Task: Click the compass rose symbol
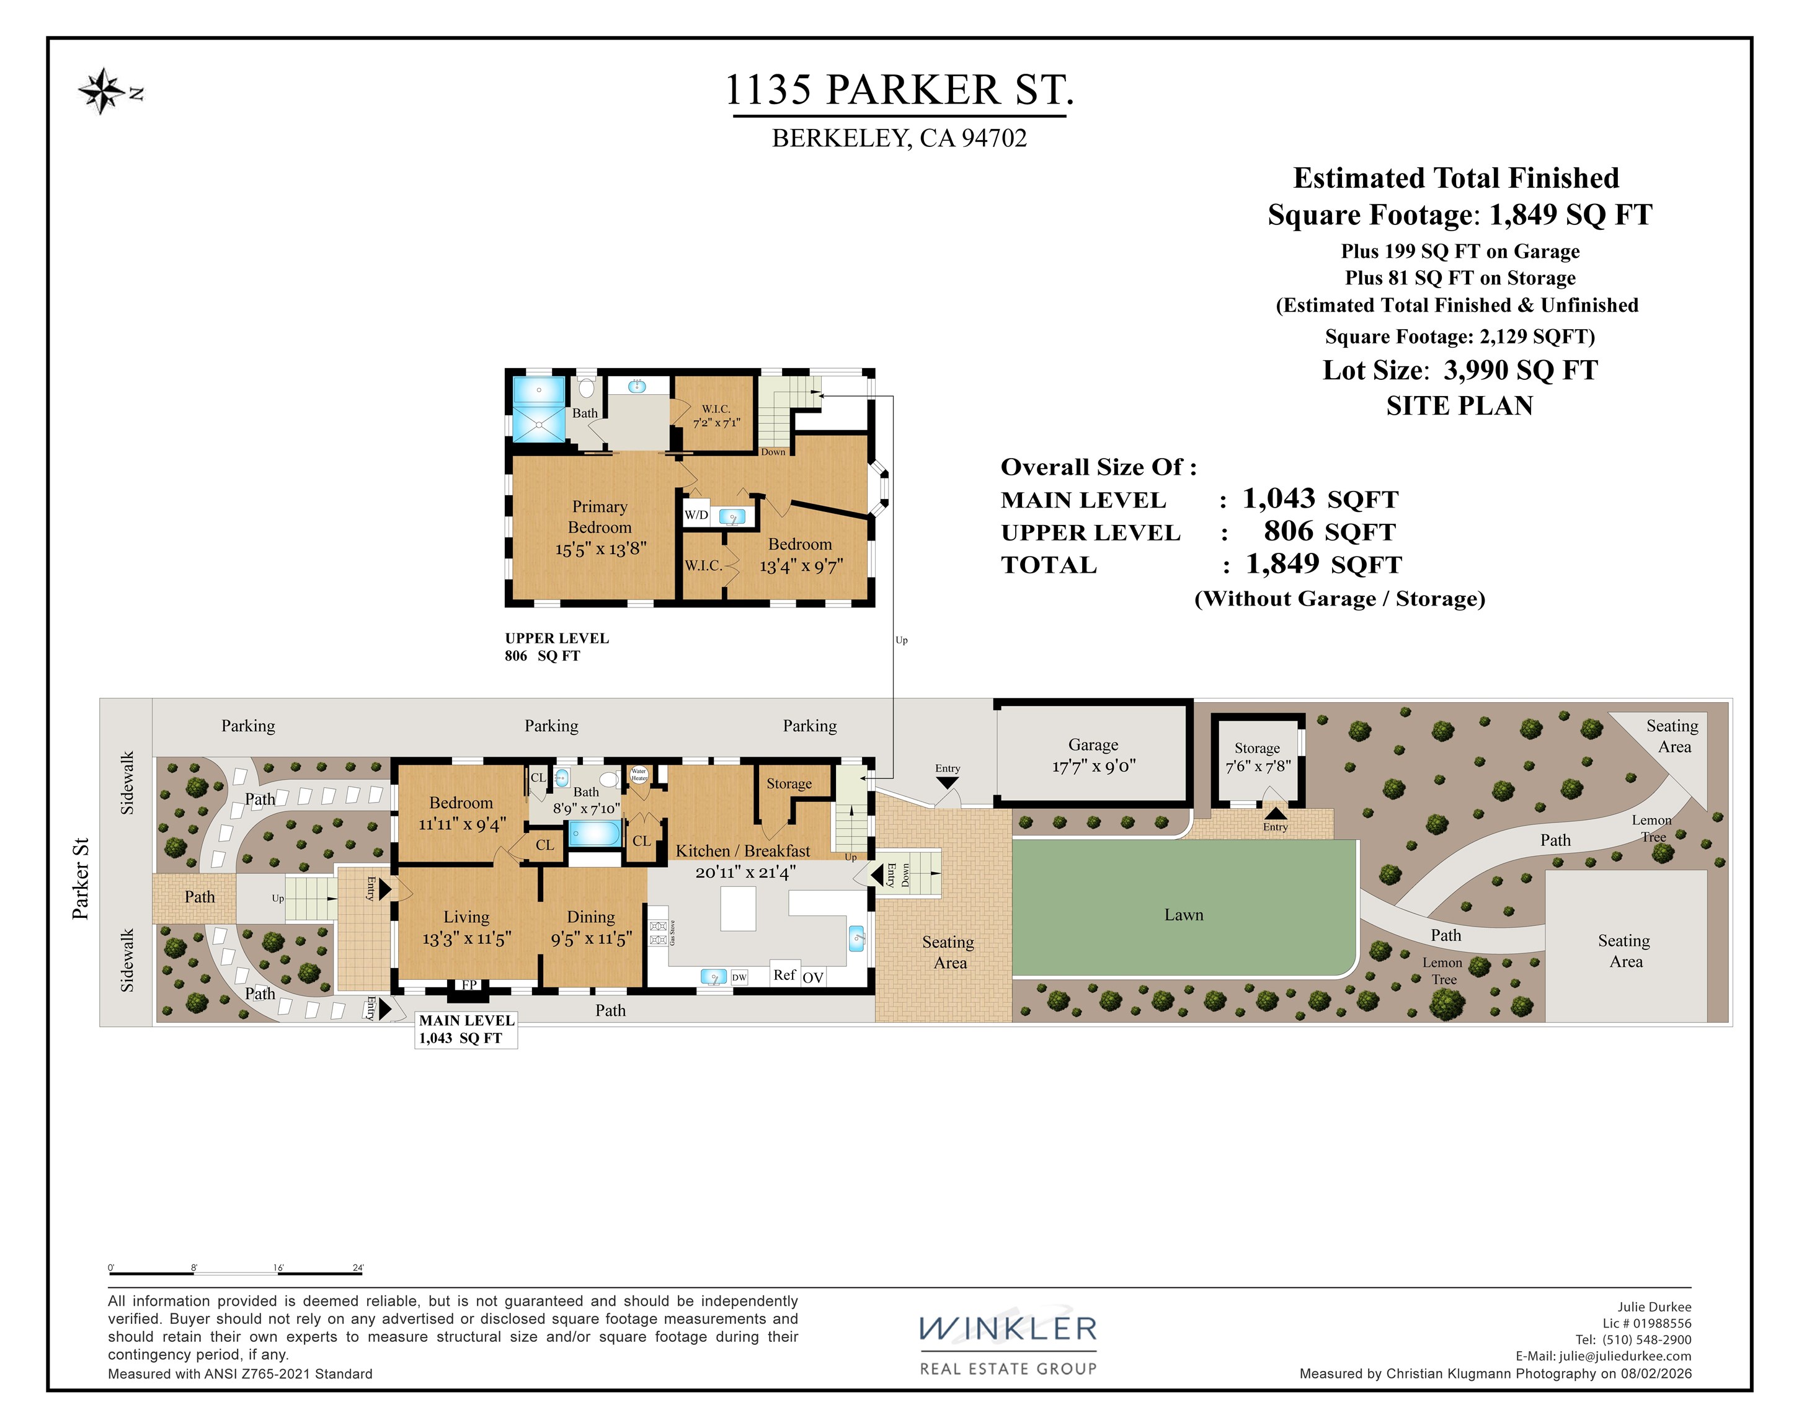pos(101,91)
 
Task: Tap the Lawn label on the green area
pos(1183,915)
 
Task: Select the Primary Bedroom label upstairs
pos(600,517)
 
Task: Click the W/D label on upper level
pos(696,514)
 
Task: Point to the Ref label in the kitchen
pos(784,974)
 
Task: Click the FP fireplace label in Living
pos(469,985)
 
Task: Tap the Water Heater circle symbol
pos(639,775)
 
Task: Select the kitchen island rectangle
pos(737,909)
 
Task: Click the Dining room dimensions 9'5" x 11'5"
pos(591,939)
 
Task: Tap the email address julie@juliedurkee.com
pos(1625,1356)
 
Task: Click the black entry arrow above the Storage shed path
pos(1275,813)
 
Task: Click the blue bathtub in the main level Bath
pos(594,833)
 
